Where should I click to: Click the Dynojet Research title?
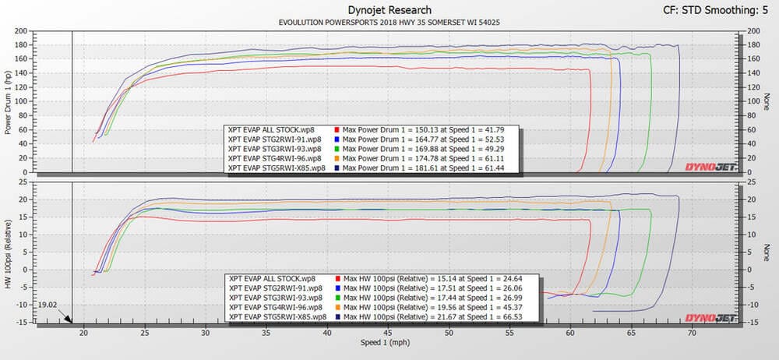[389, 9]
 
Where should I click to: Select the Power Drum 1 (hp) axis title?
[9, 101]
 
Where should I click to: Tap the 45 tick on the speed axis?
[389, 332]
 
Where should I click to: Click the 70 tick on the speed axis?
[694, 332]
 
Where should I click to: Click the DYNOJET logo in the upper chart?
[708, 166]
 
